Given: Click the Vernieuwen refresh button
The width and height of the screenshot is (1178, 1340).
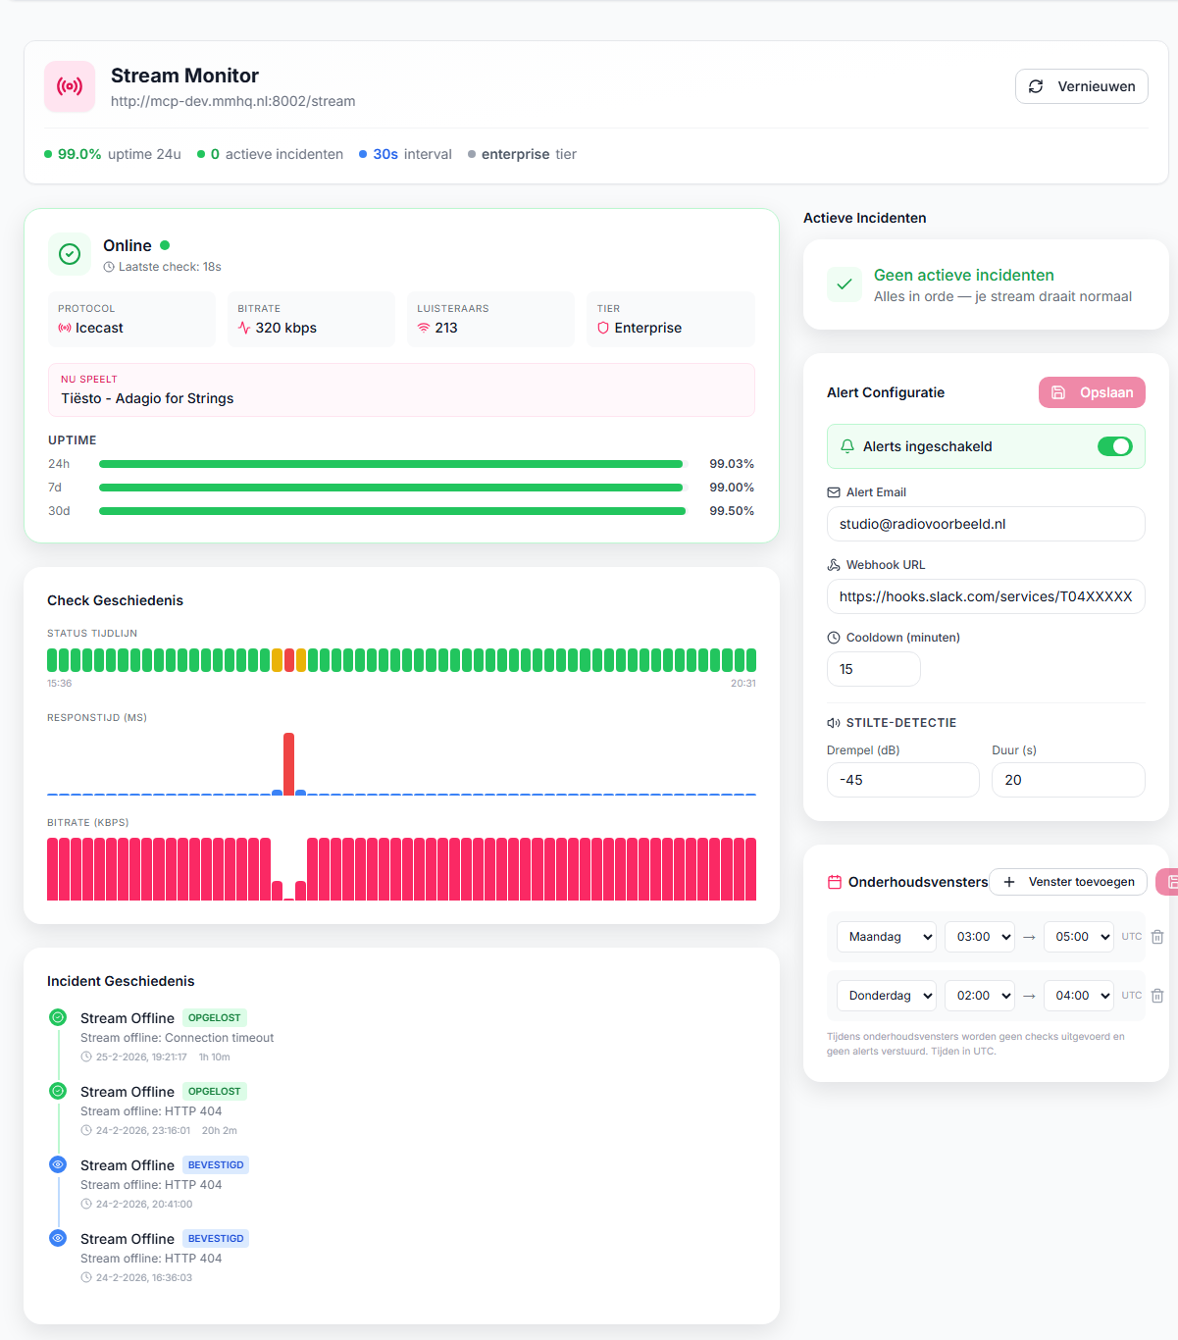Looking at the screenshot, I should click(1081, 86).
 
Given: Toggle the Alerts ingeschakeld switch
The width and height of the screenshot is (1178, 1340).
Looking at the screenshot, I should click(1114, 446).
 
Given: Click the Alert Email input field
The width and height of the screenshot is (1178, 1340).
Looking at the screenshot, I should click(985, 524).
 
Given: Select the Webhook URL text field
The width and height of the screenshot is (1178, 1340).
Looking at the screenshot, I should click(985, 596).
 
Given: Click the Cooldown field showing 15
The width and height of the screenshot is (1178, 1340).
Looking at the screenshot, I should click(873, 669).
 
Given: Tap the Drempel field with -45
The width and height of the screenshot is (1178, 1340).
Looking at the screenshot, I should click(902, 780).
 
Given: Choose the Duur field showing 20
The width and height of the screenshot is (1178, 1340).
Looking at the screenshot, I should click(1067, 780).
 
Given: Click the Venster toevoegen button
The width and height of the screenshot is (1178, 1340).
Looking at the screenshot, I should click(1067, 882).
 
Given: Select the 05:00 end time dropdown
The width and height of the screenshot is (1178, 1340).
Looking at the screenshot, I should click(1078, 937).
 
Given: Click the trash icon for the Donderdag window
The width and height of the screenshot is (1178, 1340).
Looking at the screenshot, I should click(1157, 996).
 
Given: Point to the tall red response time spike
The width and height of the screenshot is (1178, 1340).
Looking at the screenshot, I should click(288, 762).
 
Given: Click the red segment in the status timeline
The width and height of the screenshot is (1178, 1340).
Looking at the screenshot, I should click(289, 660).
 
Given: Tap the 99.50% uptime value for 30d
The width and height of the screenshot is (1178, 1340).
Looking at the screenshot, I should click(732, 511).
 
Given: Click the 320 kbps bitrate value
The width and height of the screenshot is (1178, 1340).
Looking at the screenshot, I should click(285, 328).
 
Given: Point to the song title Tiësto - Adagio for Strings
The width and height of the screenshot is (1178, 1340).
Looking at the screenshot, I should click(147, 398).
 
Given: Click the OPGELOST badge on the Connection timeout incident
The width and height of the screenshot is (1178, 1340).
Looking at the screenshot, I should click(214, 1018).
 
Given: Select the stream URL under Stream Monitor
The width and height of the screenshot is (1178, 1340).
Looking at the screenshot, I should click(232, 101).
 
